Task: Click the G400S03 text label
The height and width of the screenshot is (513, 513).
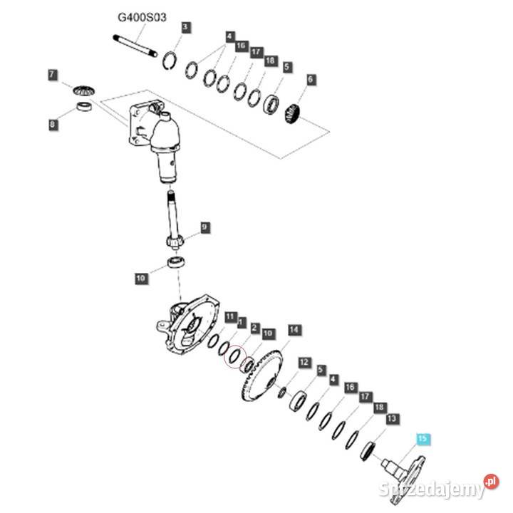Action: [x=142, y=16]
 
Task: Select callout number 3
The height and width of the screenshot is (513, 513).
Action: [x=185, y=28]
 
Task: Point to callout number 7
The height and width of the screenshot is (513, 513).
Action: [x=52, y=74]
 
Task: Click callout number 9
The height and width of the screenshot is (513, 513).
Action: [x=204, y=227]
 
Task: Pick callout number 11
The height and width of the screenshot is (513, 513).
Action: [x=229, y=316]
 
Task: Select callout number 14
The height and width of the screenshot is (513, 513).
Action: [x=294, y=330]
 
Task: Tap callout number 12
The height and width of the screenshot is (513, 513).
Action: [x=304, y=363]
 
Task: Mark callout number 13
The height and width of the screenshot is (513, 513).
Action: [x=390, y=420]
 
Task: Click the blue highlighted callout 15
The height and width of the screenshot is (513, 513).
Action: [x=423, y=440]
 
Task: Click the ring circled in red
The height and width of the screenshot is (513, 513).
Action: [x=234, y=356]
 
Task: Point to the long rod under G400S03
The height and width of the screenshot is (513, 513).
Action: [x=135, y=43]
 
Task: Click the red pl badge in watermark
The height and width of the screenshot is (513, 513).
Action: [x=491, y=482]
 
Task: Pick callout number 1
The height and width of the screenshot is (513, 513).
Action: [x=242, y=321]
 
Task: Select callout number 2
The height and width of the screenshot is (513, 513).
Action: [x=254, y=327]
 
